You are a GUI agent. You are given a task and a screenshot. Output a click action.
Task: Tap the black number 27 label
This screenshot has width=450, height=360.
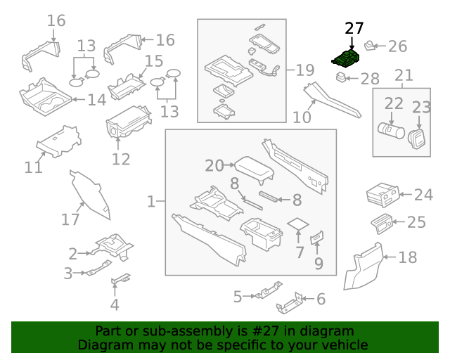click(354, 29)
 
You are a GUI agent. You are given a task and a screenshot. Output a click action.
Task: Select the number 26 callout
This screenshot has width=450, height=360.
click(397, 46)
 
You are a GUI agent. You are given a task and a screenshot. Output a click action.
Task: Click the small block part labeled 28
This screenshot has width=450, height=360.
click(341, 77)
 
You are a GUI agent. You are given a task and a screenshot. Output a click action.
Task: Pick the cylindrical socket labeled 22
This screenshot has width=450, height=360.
click(390, 130)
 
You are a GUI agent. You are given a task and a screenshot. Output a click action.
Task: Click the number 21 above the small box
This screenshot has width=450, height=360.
click(404, 75)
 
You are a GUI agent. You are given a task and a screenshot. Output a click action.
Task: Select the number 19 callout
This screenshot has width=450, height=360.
click(304, 70)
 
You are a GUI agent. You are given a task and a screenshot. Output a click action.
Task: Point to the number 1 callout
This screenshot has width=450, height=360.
click(151, 202)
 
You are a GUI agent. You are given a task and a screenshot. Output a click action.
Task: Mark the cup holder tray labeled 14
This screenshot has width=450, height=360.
click(46, 99)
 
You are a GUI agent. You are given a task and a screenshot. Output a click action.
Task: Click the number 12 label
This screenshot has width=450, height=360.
click(121, 159)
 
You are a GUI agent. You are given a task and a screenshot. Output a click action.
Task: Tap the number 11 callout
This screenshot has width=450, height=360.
click(33, 167)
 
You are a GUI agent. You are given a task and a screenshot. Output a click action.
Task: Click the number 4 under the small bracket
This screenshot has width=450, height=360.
click(115, 304)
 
